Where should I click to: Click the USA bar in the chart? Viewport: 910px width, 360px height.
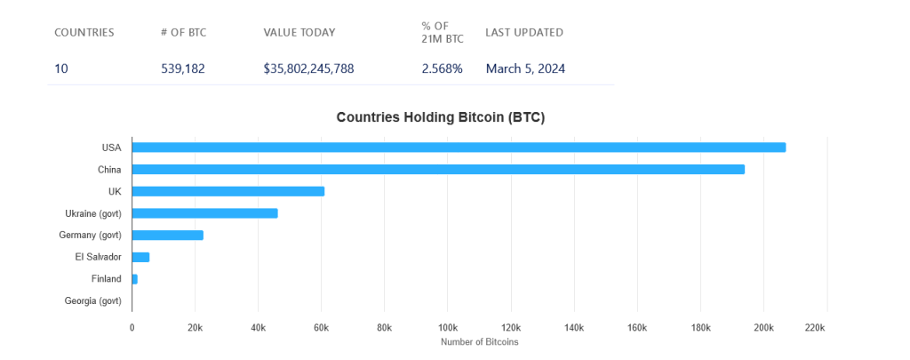point(459,148)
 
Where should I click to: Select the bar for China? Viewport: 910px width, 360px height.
point(438,169)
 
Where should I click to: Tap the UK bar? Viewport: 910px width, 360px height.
point(228,191)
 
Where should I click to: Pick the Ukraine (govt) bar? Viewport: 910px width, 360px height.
point(204,213)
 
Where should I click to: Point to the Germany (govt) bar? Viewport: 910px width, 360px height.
point(168,236)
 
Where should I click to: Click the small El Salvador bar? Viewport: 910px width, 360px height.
point(140,257)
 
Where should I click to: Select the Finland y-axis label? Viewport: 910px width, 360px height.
point(106,279)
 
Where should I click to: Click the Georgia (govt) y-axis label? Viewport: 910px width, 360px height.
point(92,301)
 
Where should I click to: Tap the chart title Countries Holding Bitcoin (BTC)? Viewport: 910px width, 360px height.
point(440,117)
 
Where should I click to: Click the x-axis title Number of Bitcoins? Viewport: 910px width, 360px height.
point(479,342)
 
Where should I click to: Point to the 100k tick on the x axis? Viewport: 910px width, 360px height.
point(448,328)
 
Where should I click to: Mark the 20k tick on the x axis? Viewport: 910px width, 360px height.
point(195,328)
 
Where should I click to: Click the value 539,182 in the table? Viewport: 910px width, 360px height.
point(182,68)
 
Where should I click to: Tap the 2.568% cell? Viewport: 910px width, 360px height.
point(442,68)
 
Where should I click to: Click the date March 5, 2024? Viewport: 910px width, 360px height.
point(525,68)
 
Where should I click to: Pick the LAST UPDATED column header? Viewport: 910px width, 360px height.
point(523,33)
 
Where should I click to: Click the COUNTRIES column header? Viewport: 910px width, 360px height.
point(84,33)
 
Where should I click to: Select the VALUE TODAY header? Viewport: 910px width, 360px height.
point(299,33)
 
